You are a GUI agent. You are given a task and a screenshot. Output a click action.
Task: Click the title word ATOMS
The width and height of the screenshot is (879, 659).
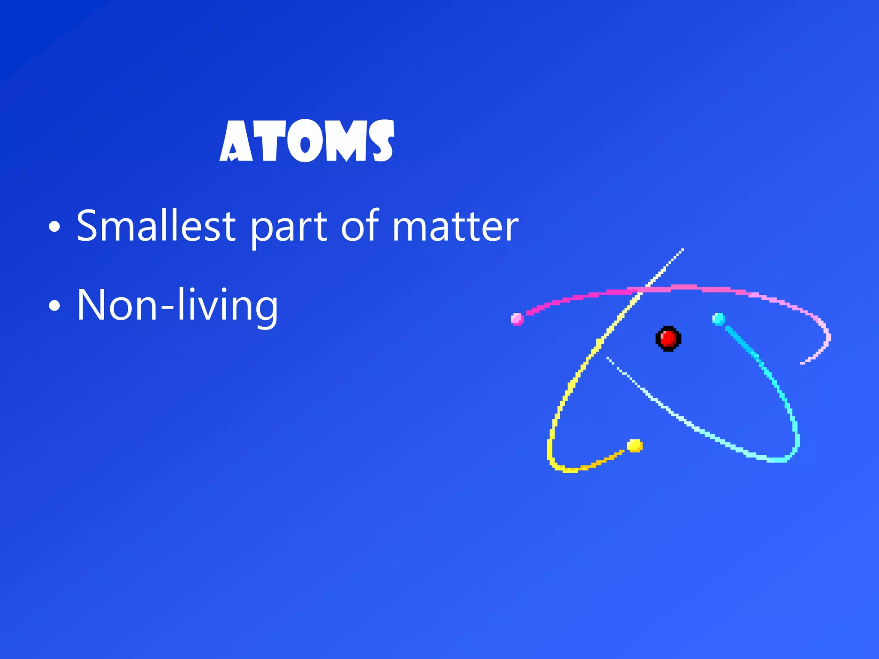point(306,141)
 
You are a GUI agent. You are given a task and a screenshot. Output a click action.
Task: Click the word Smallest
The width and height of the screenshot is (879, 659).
point(156,226)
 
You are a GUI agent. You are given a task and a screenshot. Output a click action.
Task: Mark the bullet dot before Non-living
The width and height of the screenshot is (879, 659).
point(55,306)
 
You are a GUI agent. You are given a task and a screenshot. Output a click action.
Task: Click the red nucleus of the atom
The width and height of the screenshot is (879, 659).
point(668,339)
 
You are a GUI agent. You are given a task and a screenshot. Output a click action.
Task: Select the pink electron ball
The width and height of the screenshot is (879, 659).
point(517,319)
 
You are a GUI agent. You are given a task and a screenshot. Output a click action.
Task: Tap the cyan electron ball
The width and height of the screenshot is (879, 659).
point(718,319)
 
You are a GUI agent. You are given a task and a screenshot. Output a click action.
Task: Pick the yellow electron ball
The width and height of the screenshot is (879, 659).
point(635,446)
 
